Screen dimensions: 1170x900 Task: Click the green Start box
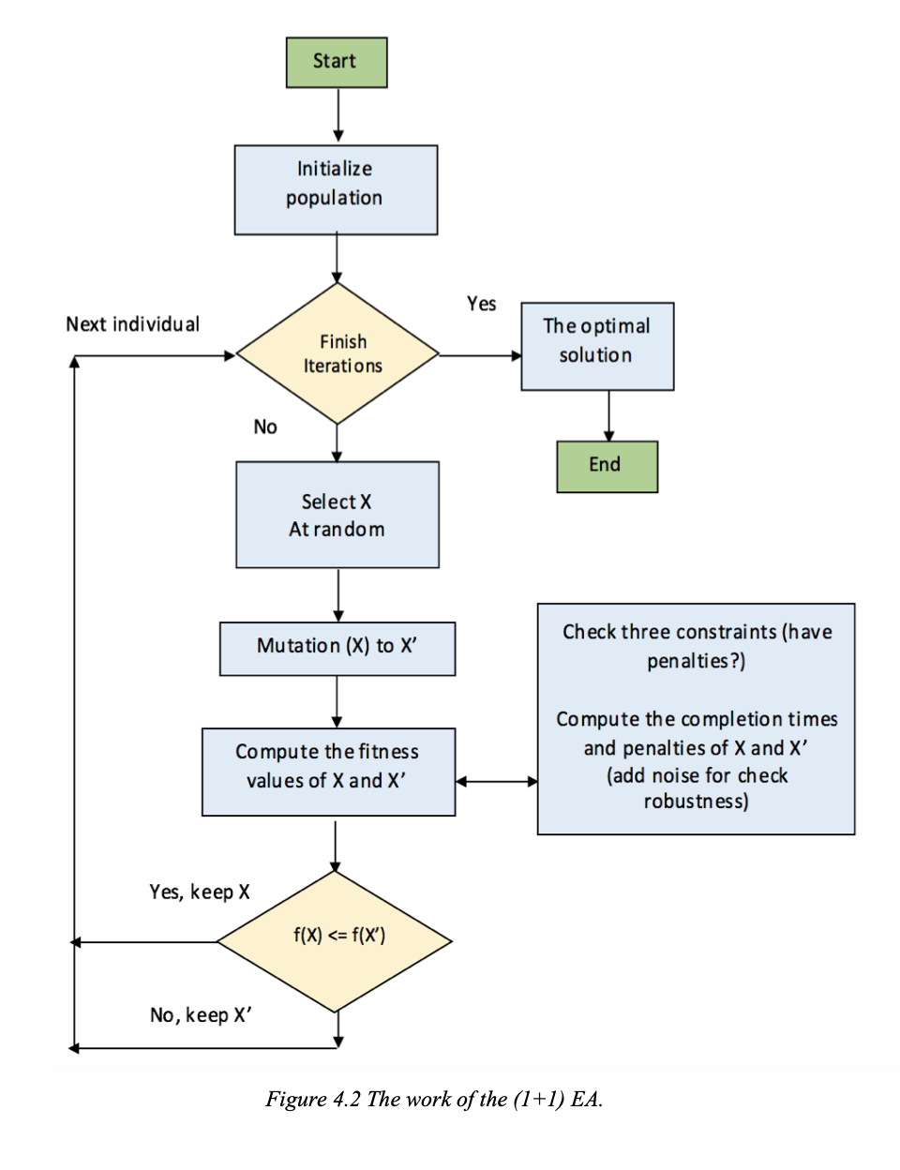click(x=337, y=63)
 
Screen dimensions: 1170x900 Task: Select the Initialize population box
click(x=336, y=189)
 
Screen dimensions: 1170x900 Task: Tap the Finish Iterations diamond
click(x=337, y=354)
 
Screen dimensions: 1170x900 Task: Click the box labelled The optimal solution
click(x=597, y=346)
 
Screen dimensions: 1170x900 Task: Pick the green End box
click(x=607, y=466)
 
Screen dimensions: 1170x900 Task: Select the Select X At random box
click(x=337, y=515)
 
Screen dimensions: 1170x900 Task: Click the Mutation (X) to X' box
click(x=337, y=648)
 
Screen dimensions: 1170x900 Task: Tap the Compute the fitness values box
click(x=328, y=772)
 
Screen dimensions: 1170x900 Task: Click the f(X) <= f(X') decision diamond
click(x=335, y=941)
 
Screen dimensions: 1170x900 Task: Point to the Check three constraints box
click(x=696, y=718)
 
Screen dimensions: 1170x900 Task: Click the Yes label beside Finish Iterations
click(x=481, y=304)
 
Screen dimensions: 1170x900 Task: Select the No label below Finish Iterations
click(x=265, y=427)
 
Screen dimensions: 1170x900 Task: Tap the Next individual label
click(x=132, y=324)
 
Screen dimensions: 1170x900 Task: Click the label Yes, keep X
click(x=199, y=892)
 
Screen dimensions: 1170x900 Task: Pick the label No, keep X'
click(x=201, y=1015)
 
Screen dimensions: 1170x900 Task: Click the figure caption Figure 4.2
click(x=433, y=1099)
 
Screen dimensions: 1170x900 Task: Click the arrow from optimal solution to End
click(x=608, y=415)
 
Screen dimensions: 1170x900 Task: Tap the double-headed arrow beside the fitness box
click(x=496, y=781)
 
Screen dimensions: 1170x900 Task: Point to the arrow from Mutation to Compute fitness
click(x=337, y=701)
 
